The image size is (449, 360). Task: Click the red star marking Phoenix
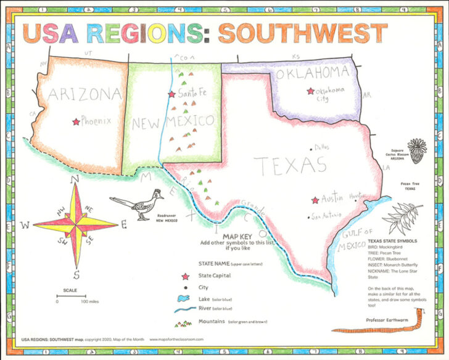[x=76, y=122]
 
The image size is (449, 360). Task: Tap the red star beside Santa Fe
[x=171, y=94]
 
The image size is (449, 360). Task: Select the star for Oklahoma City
[x=310, y=91]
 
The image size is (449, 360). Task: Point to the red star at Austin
[x=315, y=200]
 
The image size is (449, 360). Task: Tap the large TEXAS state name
[x=290, y=165]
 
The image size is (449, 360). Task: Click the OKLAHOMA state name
[x=312, y=73]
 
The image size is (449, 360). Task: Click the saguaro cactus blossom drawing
[x=418, y=149]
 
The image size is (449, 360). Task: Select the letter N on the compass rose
[x=76, y=179]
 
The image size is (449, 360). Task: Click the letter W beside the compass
[x=25, y=226]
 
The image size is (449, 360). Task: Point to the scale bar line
[x=71, y=297]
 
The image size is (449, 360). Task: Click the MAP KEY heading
[x=237, y=237]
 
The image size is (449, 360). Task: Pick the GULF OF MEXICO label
[x=355, y=240]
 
